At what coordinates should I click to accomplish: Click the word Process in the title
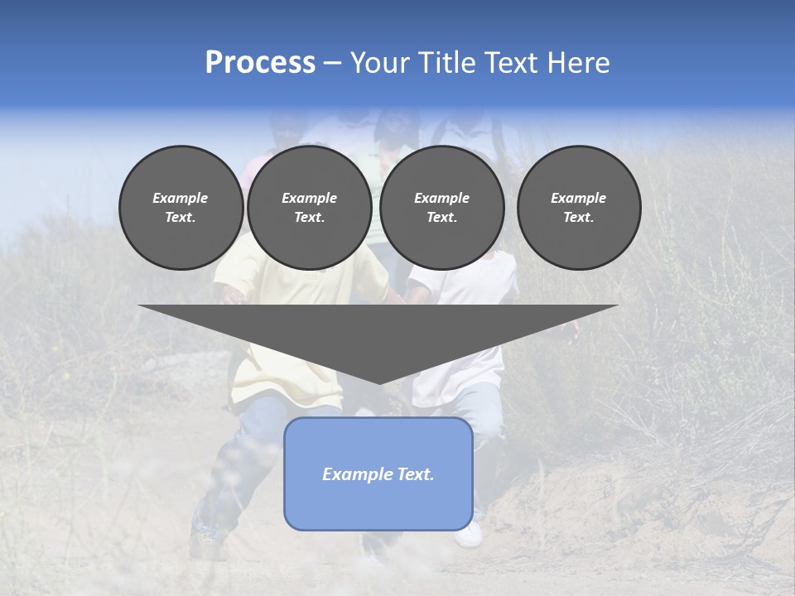pyautogui.click(x=260, y=63)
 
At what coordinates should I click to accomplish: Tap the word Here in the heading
pyautogui.click(x=579, y=63)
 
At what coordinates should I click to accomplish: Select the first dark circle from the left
pyautogui.click(x=181, y=207)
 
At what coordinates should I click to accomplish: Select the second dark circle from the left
pyautogui.click(x=310, y=207)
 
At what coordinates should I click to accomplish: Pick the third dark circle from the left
pyautogui.click(x=442, y=207)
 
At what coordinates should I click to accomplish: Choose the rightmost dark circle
pyautogui.click(x=579, y=207)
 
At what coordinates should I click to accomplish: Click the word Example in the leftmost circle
pyautogui.click(x=181, y=198)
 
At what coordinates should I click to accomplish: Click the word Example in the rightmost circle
pyautogui.click(x=579, y=198)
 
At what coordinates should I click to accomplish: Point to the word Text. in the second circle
pyautogui.click(x=310, y=218)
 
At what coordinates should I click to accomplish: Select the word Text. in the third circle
pyautogui.click(x=442, y=218)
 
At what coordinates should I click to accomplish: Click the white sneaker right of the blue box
pyautogui.click(x=470, y=536)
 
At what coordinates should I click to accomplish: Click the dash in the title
pyautogui.click(x=332, y=63)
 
